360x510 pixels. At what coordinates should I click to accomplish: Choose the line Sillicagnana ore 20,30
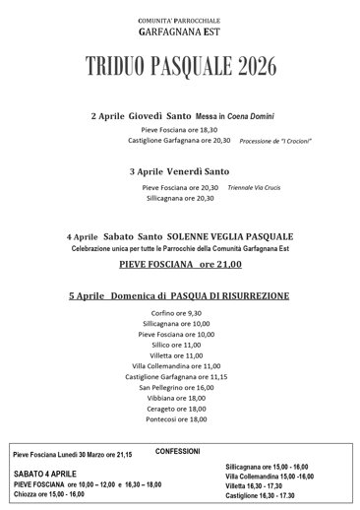pos(178,197)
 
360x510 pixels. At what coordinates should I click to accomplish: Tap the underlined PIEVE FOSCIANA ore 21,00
pos(179,265)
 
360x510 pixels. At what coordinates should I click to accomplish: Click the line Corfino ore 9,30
pos(178,313)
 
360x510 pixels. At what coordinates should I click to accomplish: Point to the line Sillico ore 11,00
pos(178,346)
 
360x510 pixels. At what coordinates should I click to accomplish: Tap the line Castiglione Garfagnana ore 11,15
pos(178,377)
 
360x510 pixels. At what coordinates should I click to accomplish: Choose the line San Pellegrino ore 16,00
pos(178,388)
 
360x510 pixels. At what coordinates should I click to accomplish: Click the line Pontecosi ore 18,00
pos(178,420)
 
